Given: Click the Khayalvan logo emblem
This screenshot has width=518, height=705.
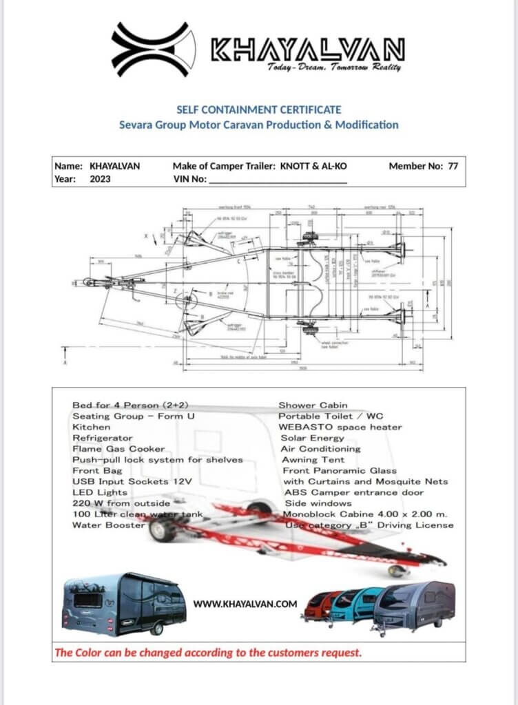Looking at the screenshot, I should pos(150,49).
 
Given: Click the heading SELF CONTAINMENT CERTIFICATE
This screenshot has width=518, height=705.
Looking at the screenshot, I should pos(258,109).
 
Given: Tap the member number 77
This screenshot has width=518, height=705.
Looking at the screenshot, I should pos(453,166).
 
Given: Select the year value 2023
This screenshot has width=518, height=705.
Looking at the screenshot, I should pos(101,179).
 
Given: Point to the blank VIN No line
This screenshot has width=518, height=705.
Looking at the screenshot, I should pos(277,180).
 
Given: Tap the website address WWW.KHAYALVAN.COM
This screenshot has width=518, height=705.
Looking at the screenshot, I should pos(245,604).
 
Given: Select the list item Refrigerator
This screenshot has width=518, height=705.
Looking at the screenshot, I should pos(103,438).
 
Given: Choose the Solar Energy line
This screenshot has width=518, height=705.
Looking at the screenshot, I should pos(312,438).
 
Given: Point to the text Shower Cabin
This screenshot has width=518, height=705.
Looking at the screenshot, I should pos(313,405).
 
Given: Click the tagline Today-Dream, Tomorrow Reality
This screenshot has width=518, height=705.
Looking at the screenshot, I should pos(334,67).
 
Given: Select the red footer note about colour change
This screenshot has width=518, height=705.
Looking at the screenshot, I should pos(208,652).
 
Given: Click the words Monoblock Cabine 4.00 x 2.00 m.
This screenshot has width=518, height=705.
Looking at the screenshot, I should pos(364,514).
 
